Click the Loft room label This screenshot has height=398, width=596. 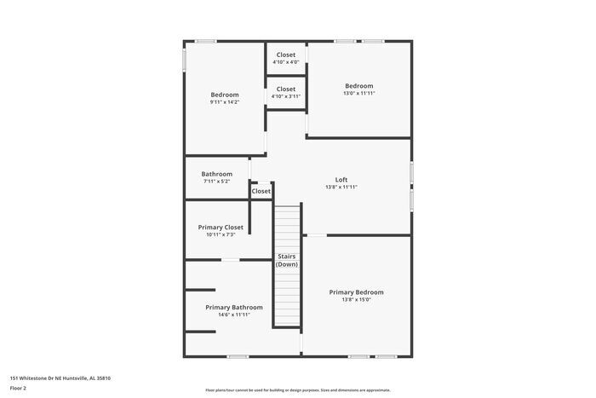341,180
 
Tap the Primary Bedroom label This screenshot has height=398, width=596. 356,292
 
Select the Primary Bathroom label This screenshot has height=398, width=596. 233,307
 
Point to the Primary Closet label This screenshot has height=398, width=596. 221,228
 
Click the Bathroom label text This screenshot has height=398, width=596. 216,174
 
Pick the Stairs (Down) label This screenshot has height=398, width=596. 287,261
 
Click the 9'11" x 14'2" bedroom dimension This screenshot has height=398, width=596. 225,102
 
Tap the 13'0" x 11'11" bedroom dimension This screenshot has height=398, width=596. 358,94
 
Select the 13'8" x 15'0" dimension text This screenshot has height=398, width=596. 356,300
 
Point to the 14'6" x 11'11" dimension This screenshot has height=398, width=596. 233,314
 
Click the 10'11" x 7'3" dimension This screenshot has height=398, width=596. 221,235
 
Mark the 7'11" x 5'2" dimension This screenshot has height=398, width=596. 216,182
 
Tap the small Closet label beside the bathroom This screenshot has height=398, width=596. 261,192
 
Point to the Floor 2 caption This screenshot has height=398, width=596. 18,388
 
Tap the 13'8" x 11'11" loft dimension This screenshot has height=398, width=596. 341,187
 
